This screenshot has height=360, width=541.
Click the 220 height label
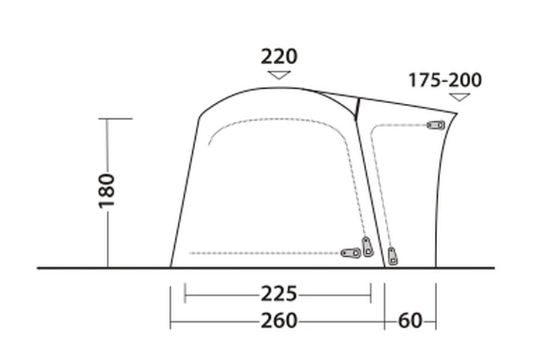click(x=279, y=57)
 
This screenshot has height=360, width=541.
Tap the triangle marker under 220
click(x=279, y=75)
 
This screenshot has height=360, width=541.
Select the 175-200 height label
click(x=445, y=80)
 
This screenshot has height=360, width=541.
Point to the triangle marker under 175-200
click(x=459, y=97)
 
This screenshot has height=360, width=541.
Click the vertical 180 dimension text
click(x=107, y=191)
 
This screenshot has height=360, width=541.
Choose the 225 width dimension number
click(x=279, y=294)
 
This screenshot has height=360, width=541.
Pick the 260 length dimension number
click(x=279, y=320)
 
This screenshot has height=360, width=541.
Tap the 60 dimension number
click(x=410, y=320)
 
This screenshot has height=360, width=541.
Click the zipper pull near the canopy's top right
click(x=436, y=125)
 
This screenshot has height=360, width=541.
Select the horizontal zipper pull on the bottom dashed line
click(x=351, y=253)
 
